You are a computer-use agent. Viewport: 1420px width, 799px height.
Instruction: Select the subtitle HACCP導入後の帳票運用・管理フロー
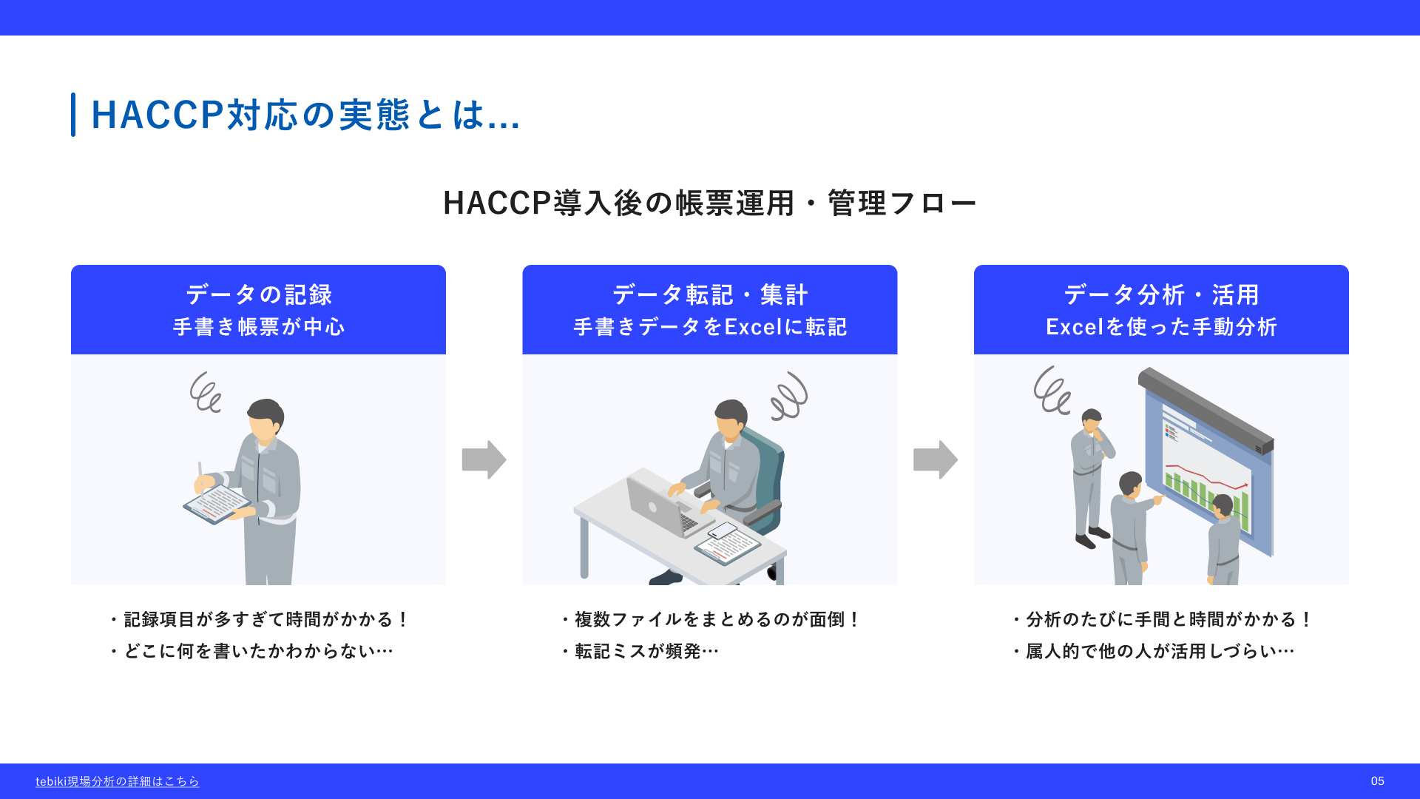pos(710,203)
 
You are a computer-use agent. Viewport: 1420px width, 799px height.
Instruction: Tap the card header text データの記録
pos(259,294)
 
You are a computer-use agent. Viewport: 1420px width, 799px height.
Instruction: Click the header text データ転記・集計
pos(710,294)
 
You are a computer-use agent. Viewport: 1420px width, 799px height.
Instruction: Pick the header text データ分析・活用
pos(1161,294)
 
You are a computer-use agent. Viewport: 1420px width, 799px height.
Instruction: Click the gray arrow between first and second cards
pos(484,459)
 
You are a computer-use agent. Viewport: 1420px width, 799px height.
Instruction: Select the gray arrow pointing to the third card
pos(936,459)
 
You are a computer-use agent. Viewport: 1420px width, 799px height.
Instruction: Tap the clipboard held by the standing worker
pos(217,505)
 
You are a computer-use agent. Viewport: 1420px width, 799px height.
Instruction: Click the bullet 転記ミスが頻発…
pos(640,651)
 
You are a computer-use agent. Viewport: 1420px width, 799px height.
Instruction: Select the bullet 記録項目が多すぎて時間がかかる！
pos(259,619)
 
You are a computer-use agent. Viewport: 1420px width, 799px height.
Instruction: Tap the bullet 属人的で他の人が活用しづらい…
pos(1154,651)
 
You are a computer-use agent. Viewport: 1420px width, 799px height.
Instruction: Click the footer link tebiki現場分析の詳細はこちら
pos(118,781)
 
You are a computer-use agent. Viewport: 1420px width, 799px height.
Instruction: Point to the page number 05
pos(1377,781)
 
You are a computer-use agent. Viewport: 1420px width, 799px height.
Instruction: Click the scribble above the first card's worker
pos(206,392)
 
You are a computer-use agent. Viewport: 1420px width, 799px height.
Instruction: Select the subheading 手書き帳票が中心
pos(259,327)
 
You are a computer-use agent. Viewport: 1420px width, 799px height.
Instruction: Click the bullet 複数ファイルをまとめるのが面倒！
pos(710,619)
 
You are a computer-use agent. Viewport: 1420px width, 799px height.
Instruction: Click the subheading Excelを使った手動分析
pos(1161,327)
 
